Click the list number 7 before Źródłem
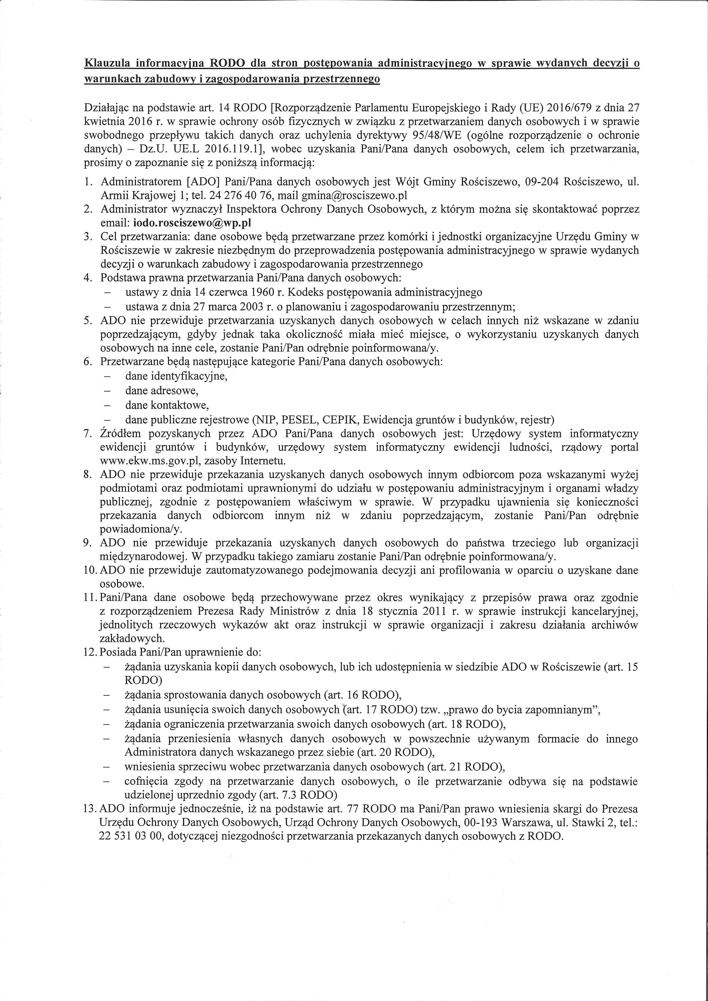pyautogui.click(x=87, y=434)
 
